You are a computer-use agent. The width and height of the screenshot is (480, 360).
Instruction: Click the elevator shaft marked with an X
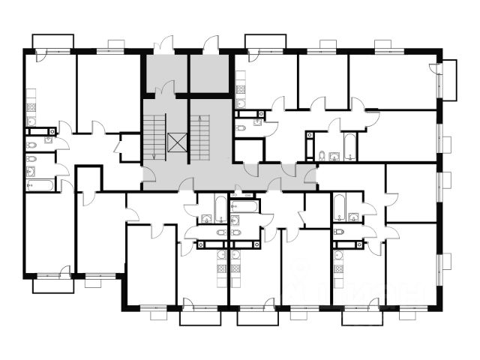pos(177,142)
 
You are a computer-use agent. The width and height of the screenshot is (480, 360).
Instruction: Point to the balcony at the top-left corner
pos(53,40)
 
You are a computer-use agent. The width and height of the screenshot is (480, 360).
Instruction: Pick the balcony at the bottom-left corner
pos(53,284)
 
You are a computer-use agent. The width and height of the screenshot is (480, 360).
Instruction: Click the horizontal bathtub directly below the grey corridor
pos(244,205)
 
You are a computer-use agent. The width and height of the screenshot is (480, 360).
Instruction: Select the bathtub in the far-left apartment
pos(40,184)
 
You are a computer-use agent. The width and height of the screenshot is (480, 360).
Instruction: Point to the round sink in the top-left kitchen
pos(31,121)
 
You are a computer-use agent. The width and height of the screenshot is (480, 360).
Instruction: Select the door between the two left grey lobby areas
pos(165,91)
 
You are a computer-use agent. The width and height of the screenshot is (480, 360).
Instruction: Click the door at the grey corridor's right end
pos(310,175)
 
